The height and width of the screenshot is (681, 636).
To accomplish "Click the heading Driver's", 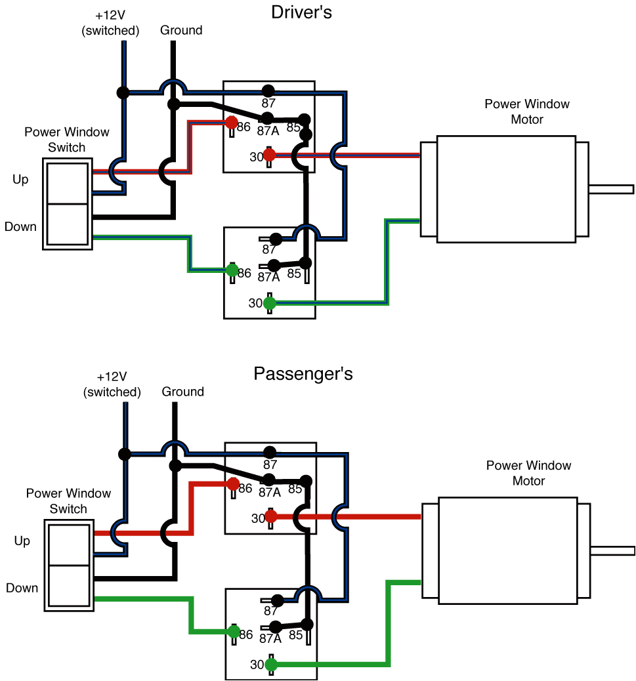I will tap(301, 12).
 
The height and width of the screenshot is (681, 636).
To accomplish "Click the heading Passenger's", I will tap(303, 374).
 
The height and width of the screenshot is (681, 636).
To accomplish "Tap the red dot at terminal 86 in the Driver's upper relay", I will tap(231, 123).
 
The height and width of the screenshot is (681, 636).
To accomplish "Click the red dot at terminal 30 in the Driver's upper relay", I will tap(269, 155).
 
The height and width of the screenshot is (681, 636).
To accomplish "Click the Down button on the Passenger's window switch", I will tap(68, 587).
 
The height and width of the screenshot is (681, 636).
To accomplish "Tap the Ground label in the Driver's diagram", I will tap(181, 30).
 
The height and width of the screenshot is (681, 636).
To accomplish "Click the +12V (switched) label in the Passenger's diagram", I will tap(112, 384).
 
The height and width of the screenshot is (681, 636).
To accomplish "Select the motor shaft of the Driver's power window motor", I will tap(610, 189).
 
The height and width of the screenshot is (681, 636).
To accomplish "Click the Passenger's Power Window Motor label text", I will tap(528, 473).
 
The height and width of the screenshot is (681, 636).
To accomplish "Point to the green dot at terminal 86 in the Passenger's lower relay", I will tap(233, 632).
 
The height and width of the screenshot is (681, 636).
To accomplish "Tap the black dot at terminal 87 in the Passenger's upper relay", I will tap(269, 452).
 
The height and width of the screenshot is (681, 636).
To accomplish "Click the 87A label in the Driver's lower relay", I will tap(268, 278).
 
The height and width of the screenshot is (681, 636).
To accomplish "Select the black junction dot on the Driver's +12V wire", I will tap(123, 92).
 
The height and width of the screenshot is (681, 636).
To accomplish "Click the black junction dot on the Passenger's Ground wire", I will tap(175, 466).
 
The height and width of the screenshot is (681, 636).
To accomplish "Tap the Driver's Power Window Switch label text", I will tap(67, 139).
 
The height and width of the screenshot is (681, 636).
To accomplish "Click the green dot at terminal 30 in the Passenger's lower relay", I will tap(271, 665).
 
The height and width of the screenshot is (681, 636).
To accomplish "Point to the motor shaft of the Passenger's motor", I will tap(612, 550).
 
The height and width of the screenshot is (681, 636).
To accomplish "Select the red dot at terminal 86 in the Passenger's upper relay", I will tap(233, 484).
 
